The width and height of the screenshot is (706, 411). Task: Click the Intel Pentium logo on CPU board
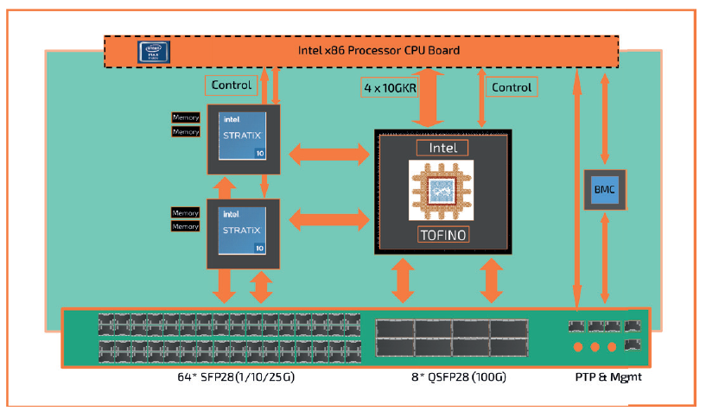153,51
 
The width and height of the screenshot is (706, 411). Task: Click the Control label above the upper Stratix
232,85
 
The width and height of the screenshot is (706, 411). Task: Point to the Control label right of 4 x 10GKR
512,86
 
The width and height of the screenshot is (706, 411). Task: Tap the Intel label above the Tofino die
442,148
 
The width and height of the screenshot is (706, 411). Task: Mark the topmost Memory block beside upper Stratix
185,117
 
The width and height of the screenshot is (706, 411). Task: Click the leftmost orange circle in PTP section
576,347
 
